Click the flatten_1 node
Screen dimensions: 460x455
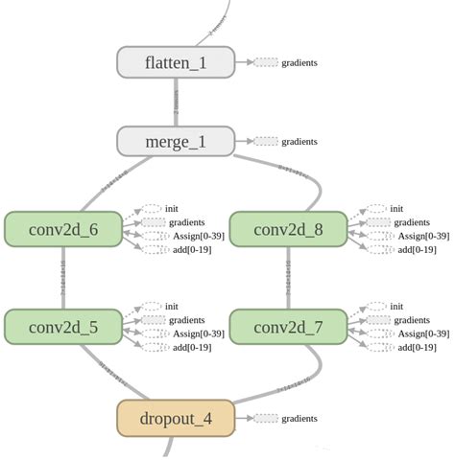pyautogui.click(x=176, y=62)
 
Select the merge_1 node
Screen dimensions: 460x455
pyautogui.click(x=176, y=142)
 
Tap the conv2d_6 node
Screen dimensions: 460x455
pyautogui.click(x=63, y=229)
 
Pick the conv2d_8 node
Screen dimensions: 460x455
pyautogui.click(x=288, y=229)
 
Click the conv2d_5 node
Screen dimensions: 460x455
pyautogui.click(x=63, y=327)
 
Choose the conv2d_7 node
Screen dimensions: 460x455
pyautogui.click(x=288, y=327)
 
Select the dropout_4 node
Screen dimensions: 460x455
pyautogui.click(x=176, y=419)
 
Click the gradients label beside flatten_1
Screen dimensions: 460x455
pyautogui.click(x=299, y=62)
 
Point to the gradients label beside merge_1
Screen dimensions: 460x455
pyautogui.click(x=299, y=142)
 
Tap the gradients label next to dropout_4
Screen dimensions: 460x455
pyautogui.click(x=299, y=419)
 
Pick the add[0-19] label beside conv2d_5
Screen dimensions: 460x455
pyautogui.click(x=191, y=347)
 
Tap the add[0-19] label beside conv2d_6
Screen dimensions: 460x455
pyautogui.click(x=191, y=249)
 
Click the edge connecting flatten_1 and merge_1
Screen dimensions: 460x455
pyautogui.click(x=177, y=103)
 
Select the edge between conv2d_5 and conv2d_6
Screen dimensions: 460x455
pyautogui.click(x=63, y=278)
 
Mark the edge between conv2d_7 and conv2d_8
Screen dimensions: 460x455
pyautogui.click(x=288, y=278)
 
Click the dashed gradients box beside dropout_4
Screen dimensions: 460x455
pyautogui.click(x=266, y=419)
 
